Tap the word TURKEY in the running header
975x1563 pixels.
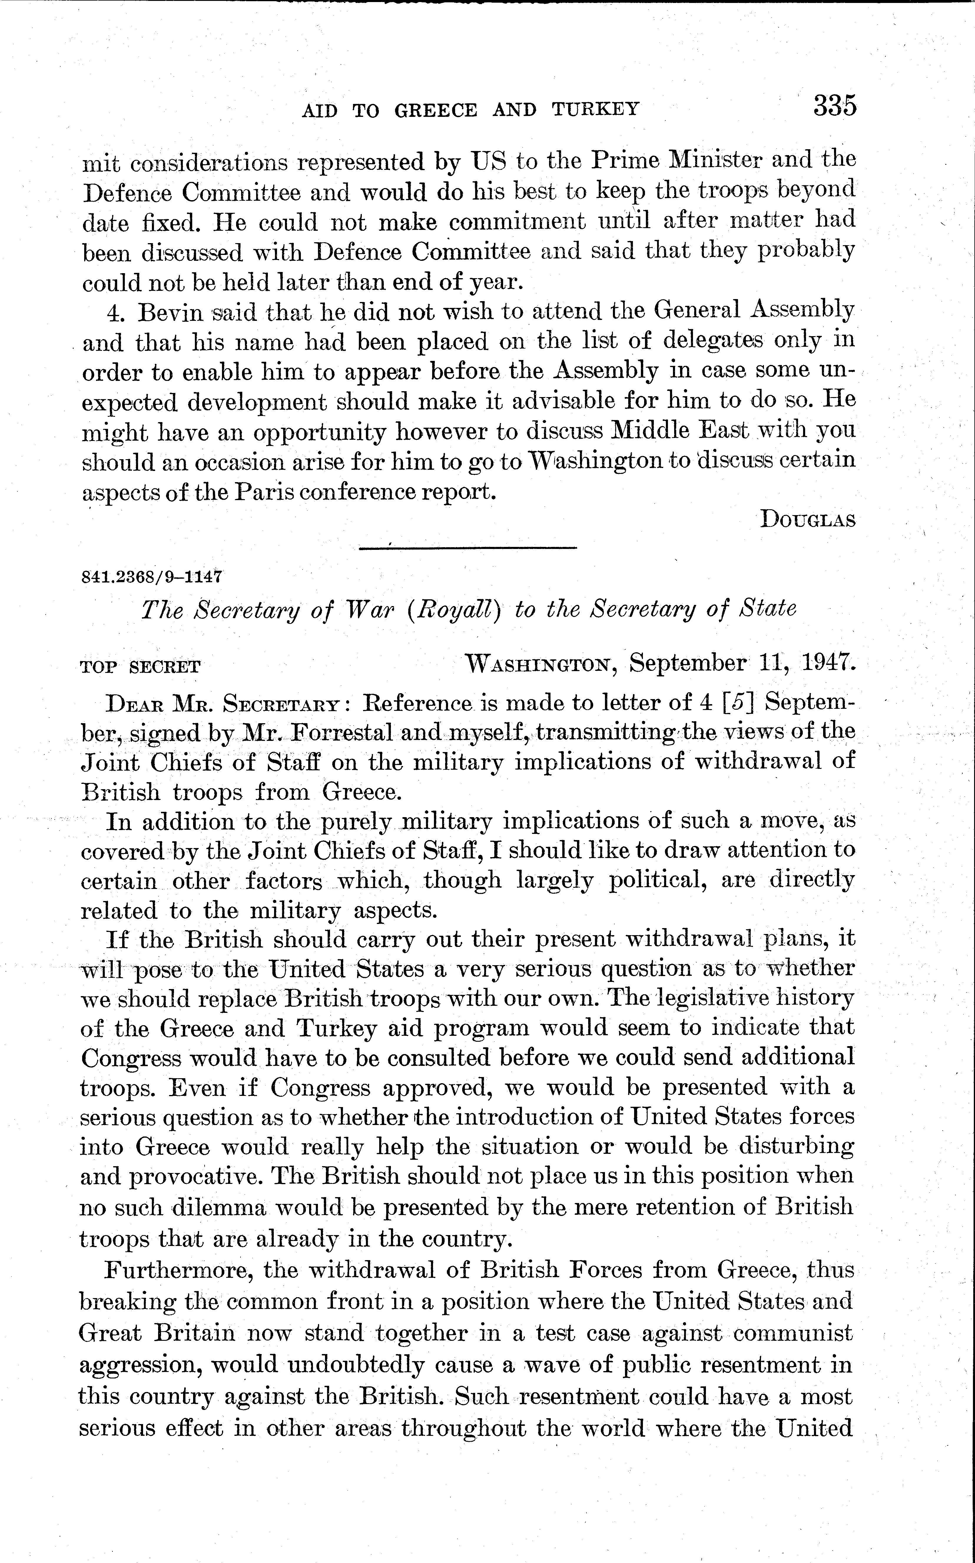[595, 109]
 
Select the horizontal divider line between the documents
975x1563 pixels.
[467, 548]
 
